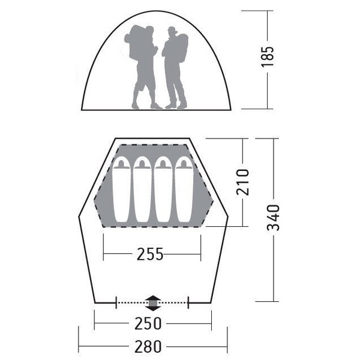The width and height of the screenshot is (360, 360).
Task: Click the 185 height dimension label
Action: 268,56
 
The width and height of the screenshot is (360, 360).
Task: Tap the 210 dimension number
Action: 242,182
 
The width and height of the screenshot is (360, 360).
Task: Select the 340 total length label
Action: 274,218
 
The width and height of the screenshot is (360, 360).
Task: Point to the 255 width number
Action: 150,254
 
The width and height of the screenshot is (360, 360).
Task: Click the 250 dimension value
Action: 148,323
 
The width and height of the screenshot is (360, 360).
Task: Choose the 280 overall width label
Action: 148,346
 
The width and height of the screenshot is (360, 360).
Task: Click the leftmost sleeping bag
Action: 121,189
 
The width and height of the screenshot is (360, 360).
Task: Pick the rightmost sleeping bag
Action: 184,189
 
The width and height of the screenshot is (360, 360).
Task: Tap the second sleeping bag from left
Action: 142,189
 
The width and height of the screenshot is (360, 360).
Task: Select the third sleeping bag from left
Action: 163,189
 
